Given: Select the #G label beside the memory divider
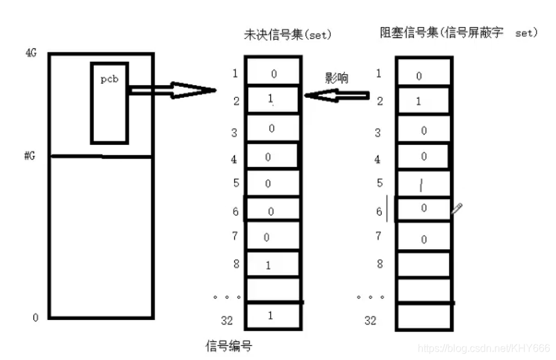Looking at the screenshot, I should [30, 156].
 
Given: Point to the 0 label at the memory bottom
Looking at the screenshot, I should [35, 317].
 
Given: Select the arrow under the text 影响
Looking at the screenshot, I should [337, 97].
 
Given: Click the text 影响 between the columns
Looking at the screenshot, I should [337, 78].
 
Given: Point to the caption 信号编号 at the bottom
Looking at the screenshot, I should [228, 346].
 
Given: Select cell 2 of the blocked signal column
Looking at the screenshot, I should [422, 101].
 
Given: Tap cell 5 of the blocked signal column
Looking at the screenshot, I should [422, 184].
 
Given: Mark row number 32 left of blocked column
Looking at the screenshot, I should [370, 320].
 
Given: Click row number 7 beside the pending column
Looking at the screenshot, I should [236, 236].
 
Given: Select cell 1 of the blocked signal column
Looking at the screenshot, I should [422, 74].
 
